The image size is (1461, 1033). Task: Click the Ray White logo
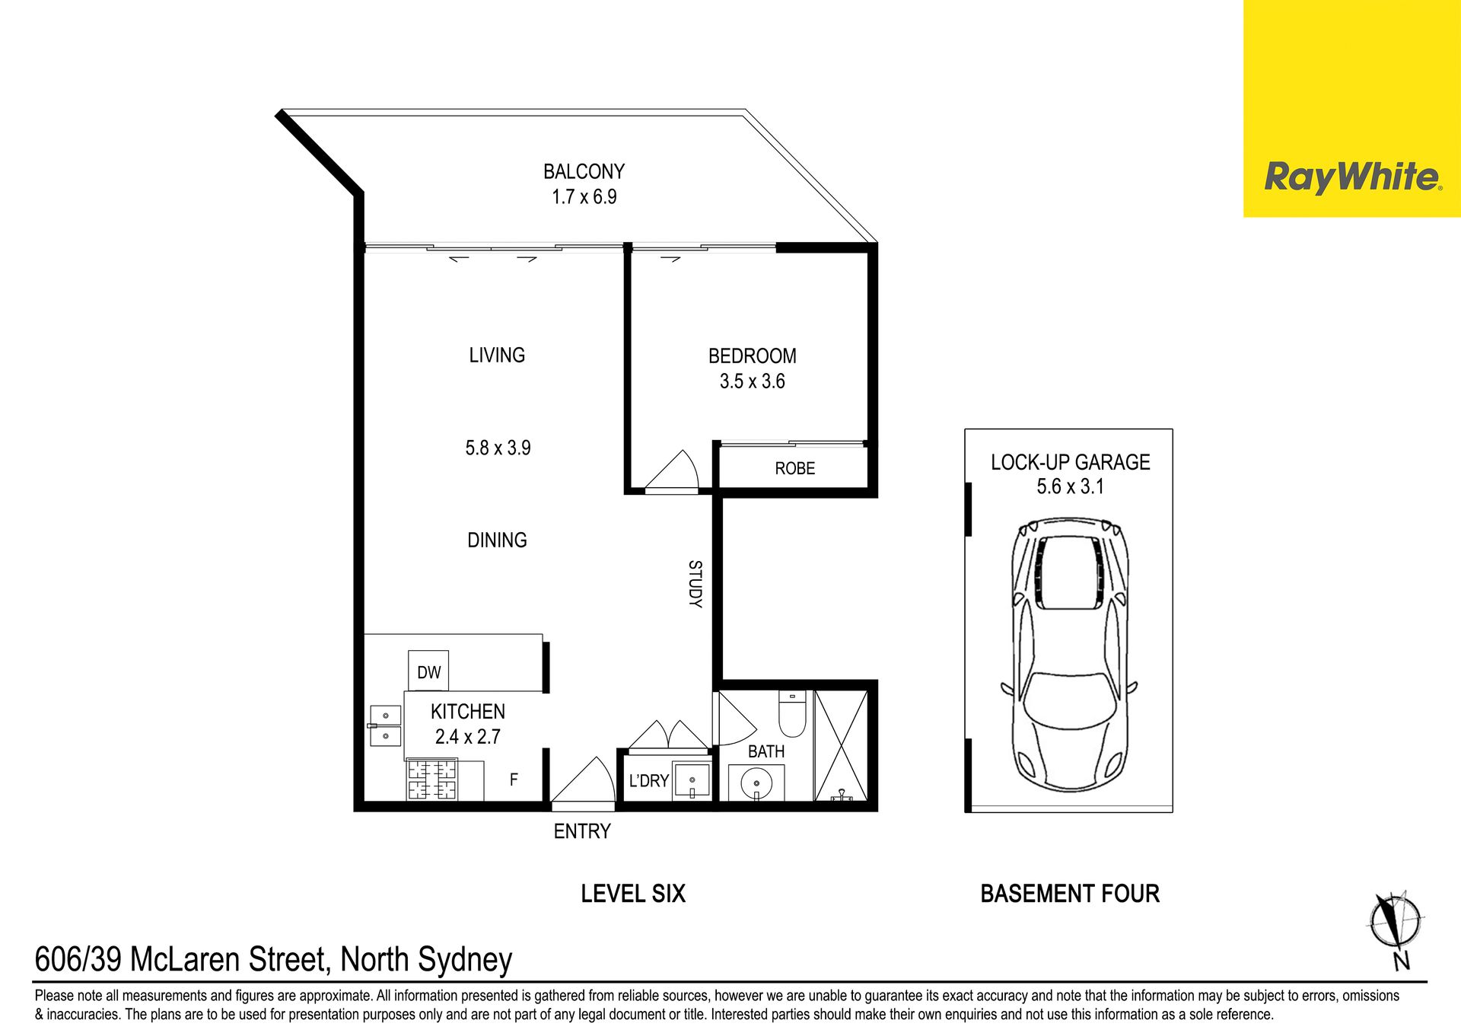1352,177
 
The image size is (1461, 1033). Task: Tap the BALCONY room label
584,171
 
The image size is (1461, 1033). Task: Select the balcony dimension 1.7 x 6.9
584,197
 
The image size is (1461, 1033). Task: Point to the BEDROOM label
752,355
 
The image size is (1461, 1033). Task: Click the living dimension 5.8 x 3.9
498,448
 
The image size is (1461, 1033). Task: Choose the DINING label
497,540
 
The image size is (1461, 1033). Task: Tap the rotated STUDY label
695,584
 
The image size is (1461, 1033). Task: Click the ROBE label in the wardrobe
794,468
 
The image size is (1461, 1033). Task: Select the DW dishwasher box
428,671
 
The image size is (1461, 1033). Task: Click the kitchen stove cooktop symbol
432,780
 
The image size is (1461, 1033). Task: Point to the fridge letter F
514,780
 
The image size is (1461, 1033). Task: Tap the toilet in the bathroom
792,713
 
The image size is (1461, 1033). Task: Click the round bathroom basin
756,783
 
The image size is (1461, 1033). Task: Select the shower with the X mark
841,745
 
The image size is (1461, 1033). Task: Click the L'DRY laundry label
648,780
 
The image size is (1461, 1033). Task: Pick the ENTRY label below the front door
582,831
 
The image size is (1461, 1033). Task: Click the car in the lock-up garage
1069,655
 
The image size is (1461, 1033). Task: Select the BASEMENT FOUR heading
1070,893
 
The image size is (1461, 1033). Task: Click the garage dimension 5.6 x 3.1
1070,486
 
